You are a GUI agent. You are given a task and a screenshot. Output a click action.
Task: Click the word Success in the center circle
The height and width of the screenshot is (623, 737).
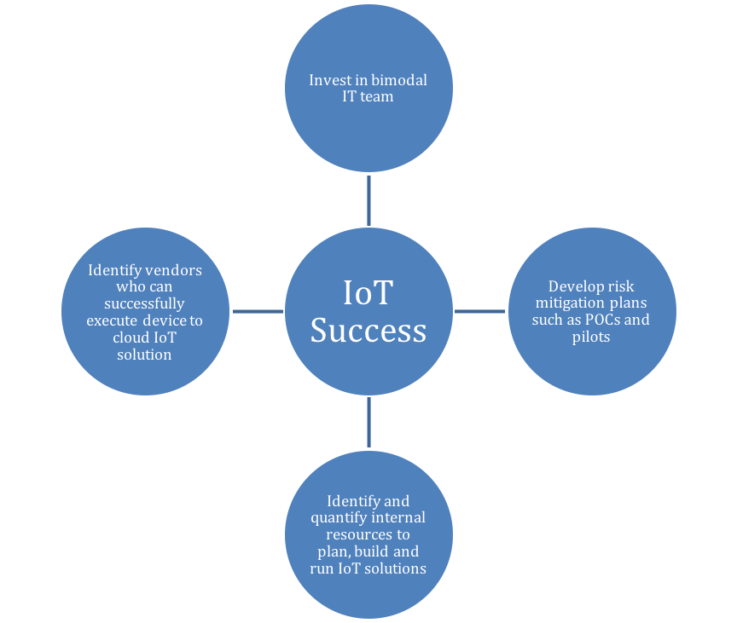coord(368,330)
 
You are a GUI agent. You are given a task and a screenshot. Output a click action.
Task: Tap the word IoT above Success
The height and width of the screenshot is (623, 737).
coord(368,292)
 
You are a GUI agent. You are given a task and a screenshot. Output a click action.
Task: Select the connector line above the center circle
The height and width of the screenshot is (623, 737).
coord(368,200)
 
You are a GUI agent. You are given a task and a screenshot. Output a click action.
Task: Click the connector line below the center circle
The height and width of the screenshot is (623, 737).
coord(368,422)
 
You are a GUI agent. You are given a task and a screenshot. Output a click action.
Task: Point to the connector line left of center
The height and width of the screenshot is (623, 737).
coord(258,311)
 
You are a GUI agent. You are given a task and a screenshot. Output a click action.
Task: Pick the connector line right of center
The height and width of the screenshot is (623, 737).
coord(480,311)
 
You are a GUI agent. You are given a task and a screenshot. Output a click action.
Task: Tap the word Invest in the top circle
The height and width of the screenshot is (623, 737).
coord(328,81)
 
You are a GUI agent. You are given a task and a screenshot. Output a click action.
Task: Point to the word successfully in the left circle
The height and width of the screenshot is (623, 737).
coord(144,303)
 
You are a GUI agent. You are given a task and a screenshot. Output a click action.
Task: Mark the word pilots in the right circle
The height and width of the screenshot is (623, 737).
coord(592,337)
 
